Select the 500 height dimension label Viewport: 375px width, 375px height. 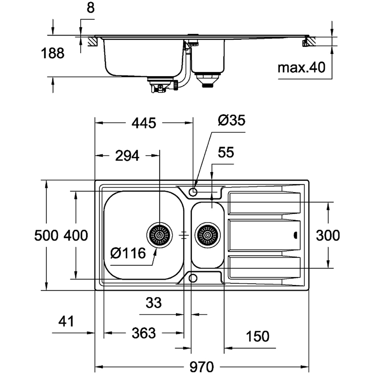46,235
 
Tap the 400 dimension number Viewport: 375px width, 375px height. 75,235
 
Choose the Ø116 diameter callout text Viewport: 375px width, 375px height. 128,253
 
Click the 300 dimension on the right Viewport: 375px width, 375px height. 328,235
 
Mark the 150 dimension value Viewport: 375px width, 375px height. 258,336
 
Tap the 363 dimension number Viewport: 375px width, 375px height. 144,333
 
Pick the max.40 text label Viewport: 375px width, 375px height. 302,68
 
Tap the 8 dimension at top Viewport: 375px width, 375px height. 90,8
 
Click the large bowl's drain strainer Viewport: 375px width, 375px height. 160,235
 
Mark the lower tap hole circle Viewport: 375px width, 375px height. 193,278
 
